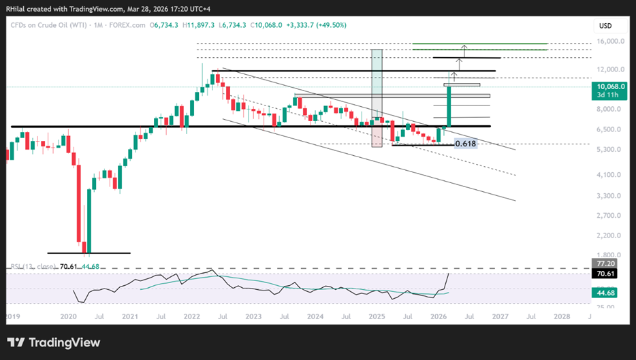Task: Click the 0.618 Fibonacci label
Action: [x=465, y=144]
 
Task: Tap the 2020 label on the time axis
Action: [x=68, y=317]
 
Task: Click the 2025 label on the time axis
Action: [x=377, y=317]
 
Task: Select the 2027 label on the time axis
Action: [x=500, y=317]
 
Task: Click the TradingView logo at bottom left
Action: [x=54, y=342]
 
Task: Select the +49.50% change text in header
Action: [x=331, y=25]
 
